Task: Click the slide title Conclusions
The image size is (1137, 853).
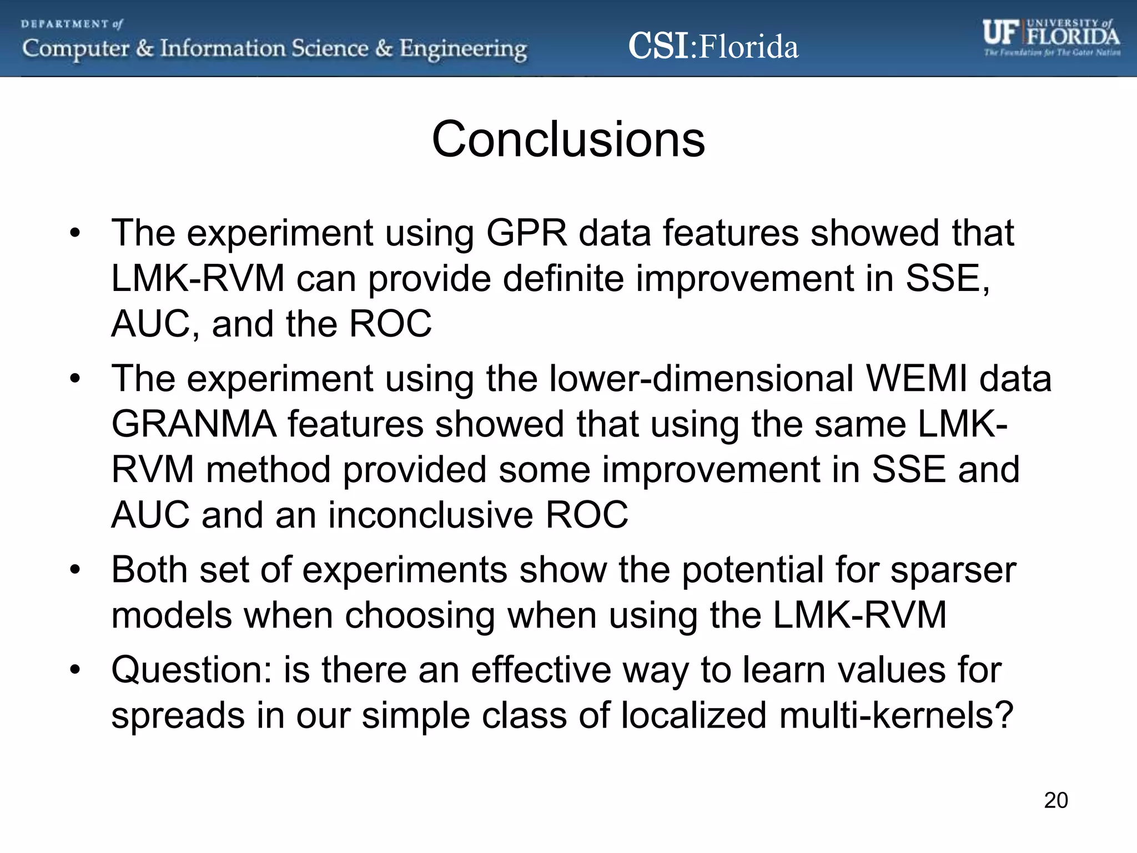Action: [x=568, y=139]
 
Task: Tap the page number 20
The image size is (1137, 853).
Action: [x=1055, y=801]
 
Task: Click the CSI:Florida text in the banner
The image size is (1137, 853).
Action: [x=713, y=47]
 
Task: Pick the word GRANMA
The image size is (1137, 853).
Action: [x=194, y=424]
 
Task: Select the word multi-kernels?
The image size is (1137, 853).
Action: [x=896, y=715]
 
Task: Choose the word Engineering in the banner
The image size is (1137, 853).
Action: [x=463, y=49]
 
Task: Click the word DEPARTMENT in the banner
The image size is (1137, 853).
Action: [x=65, y=24]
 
